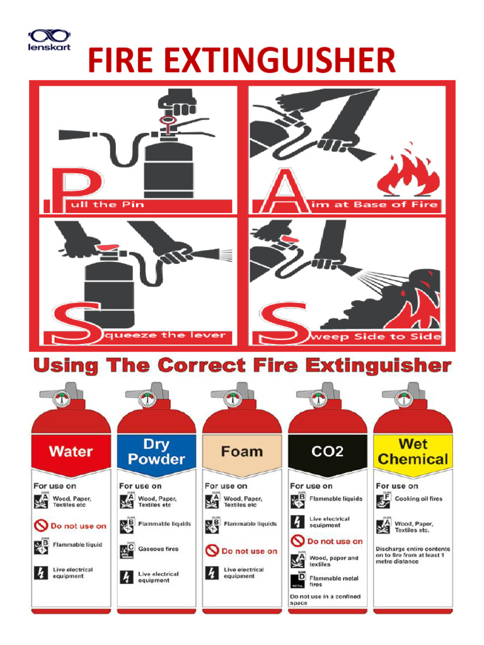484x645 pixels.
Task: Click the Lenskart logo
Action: click(x=50, y=40)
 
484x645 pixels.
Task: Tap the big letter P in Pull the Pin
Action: click(x=69, y=186)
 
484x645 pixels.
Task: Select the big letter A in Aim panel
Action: click(x=282, y=190)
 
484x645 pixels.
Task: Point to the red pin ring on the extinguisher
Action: click(x=169, y=120)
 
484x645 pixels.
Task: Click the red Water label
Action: click(x=71, y=451)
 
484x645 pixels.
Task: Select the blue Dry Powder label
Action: click(x=156, y=451)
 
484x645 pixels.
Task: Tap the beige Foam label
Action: click(x=241, y=451)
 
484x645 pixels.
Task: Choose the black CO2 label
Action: click(x=327, y=451)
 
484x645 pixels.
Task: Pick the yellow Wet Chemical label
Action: click(x=413, y=451)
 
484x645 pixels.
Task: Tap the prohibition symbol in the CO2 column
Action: click(x=297, y=541)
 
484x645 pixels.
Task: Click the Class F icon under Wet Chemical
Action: click(x=383, y=500)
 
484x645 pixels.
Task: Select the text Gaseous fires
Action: click(x=158, y=549)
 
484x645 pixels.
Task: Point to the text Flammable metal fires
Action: click(x=333, y=580)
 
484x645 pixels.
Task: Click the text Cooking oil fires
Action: click(x=418, y=499)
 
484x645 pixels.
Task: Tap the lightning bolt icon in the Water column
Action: click(x=40, y=573)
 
